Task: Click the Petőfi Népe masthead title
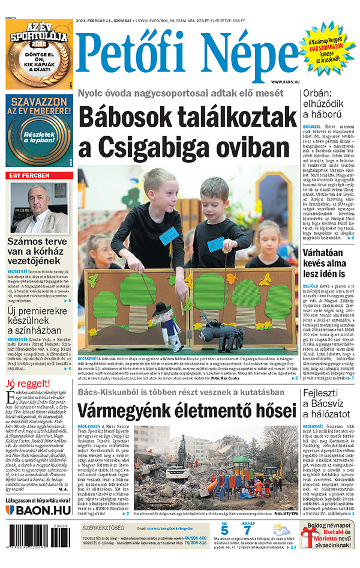point(187,57)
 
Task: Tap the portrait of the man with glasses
point(39,208)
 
